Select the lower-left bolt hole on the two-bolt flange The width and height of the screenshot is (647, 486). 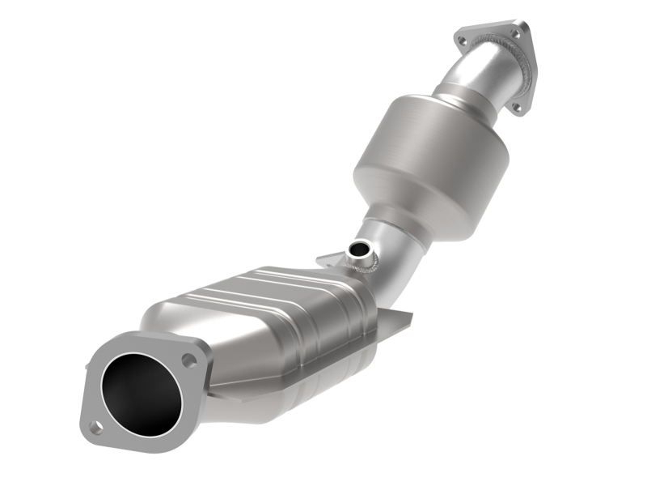pos(95,427)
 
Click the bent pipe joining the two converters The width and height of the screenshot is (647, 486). pos(396,251)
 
